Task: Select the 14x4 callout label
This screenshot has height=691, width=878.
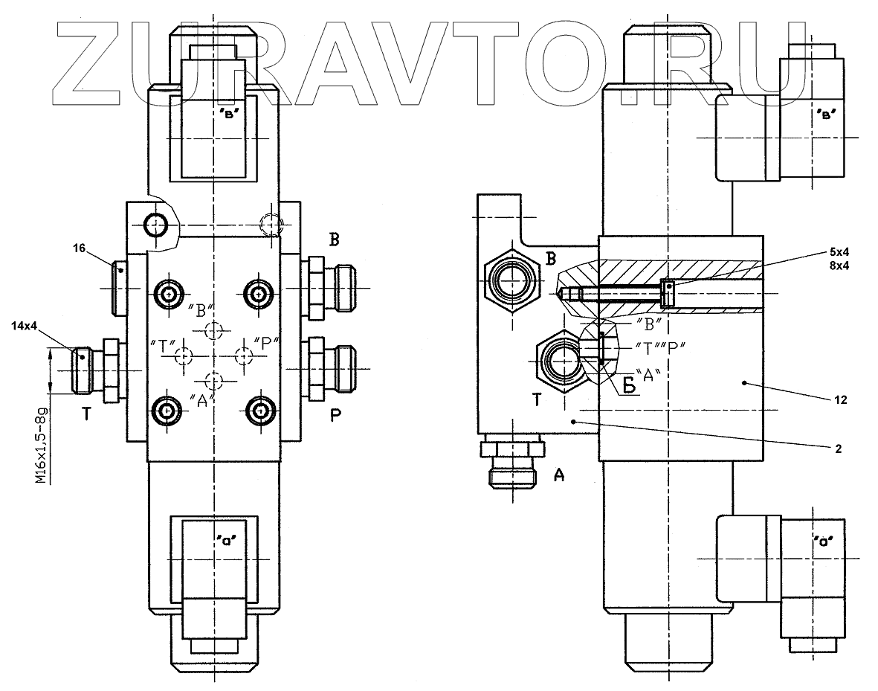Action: coord(24,325)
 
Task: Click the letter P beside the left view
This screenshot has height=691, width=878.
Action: coord(335,417)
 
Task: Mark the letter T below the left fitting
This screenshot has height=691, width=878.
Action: coord(86,415)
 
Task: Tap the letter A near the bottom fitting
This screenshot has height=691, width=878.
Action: coord(558,475)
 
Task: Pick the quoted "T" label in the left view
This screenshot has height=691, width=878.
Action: coord(161,344)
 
